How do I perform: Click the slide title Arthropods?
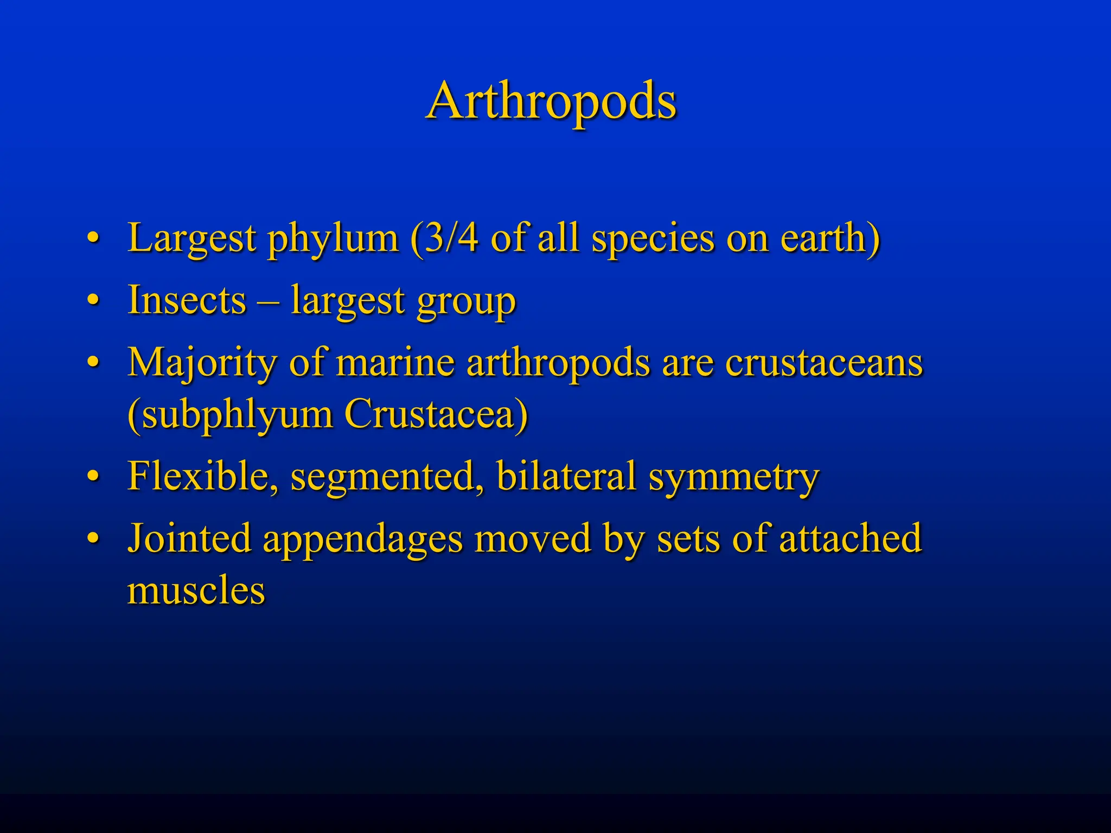pyautogui.click(x=551, y=101)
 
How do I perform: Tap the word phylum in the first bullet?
pyautogui.click(x=333, y=239)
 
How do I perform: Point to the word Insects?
pyautogui.click(x=187, y=300)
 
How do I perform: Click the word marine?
pyautogui.click(x=395, y=362)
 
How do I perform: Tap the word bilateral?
pyautogui.click(x=566, y=476)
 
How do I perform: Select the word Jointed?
pyautogui.click(x=189, y=539)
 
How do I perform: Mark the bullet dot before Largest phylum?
pyautogui.click(x=93, y=239)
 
